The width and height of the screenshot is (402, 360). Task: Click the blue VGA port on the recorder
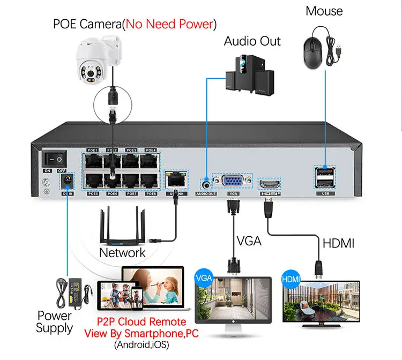233,181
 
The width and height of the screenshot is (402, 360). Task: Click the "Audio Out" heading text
252,41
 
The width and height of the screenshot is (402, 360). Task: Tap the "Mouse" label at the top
324,11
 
